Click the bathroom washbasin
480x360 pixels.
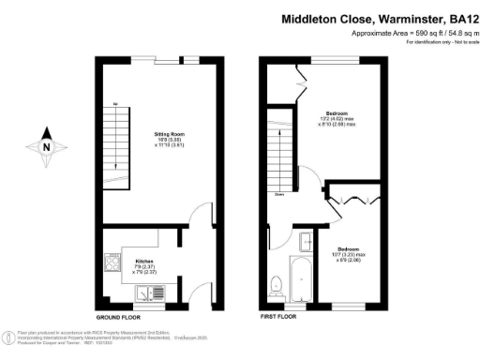304,242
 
